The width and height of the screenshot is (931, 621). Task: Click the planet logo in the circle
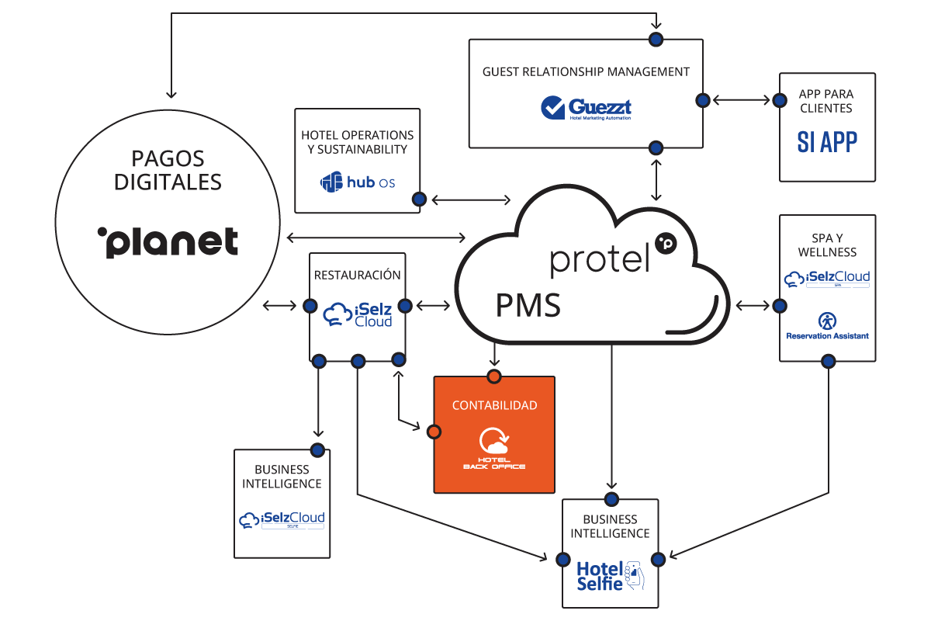(168, 242)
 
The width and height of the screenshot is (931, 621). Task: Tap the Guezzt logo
(586, 107)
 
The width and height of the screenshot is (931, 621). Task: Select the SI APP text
(827, 142)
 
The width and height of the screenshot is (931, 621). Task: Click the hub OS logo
(358, 182)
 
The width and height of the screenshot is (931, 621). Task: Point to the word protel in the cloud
(599, 258)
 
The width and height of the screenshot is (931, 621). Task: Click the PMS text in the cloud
(528, 306)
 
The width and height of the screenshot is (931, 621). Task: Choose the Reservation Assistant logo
(827, 326)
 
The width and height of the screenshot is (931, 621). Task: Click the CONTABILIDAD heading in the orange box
(494, 405)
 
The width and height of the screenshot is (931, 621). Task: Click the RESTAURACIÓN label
(358, 275)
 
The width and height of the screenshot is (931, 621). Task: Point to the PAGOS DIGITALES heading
(168, 171)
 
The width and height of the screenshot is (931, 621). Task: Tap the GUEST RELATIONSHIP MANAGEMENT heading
(586, 71)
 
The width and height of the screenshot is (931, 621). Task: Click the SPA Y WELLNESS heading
(827, 245)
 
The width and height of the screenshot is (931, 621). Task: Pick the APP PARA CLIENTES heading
(827, 102)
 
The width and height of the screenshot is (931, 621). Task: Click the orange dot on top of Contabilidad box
(494, 377)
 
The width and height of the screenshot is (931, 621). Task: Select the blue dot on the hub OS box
(419, 199)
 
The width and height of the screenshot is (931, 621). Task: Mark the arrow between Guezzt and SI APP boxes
(742, 100)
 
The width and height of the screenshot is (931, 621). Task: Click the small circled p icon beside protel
(666, 243)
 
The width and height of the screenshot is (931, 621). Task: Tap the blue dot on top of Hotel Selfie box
(611, 499)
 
